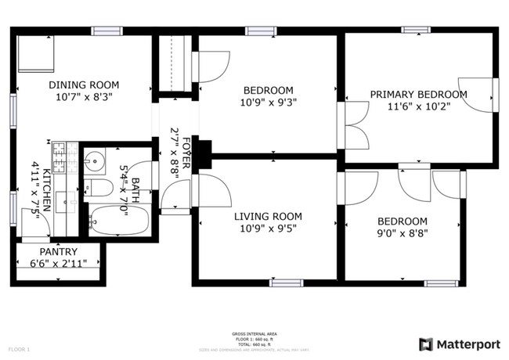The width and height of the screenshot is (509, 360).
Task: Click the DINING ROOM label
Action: coord(83,85)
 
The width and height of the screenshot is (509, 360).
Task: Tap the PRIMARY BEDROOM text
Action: coord(418,95)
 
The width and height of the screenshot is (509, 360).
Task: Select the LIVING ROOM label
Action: coord(268,216)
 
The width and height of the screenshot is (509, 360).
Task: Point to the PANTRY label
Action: coord(59,251)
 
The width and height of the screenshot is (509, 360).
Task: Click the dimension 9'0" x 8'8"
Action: coord(403,232)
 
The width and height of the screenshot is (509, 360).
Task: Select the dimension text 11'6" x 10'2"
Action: coord(418,107)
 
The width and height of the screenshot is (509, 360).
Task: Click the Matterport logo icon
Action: coord(426,344)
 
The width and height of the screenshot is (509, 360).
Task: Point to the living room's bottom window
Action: coord(286,283)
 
